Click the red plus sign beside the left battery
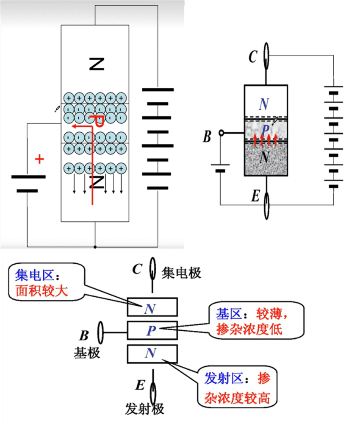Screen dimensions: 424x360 [39, 159]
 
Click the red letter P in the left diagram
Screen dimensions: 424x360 [99, 121]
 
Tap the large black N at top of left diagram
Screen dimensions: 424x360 [97, 64]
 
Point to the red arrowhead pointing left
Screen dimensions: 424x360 [73, 126]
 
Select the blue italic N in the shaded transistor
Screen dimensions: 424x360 [263, 103]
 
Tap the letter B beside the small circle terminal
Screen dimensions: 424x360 [207, 137]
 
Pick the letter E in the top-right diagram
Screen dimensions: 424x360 [255, 196]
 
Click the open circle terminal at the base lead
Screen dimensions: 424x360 [221, 133]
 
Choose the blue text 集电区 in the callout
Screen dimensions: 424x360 [35, 276]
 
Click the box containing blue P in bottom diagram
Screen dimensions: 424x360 [152, 330]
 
